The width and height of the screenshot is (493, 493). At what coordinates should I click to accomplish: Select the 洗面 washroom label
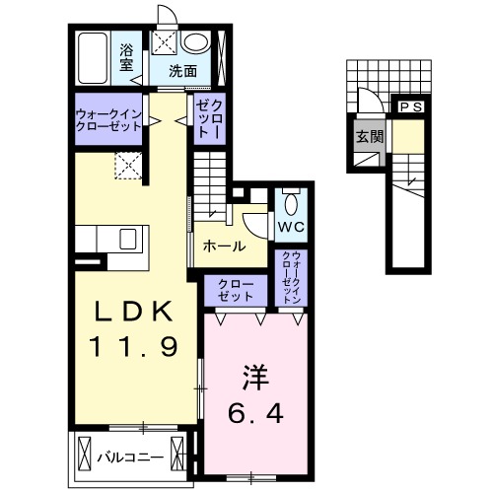pos(182,71)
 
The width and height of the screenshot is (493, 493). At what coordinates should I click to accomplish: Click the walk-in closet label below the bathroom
pos(107,119)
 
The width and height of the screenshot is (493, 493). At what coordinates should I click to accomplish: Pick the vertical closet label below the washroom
pos(208,118)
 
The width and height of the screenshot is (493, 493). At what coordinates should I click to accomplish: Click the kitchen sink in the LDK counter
pos(127,239)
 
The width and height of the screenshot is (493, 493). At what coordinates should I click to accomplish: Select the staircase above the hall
pos(210,188)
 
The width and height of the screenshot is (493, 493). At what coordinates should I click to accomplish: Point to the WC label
pos(290,229)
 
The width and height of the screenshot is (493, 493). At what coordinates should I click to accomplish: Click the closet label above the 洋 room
pos(236,290)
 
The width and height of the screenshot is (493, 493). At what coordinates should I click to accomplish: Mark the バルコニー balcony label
pos(129,458)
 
